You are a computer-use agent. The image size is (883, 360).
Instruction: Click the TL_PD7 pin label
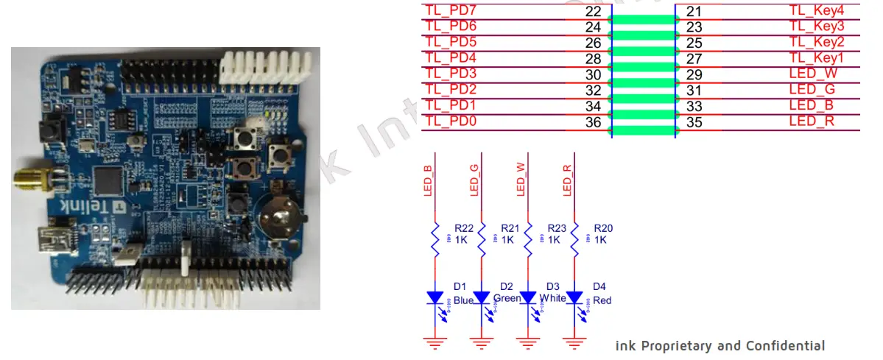451,10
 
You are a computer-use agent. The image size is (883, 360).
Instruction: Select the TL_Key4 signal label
816,10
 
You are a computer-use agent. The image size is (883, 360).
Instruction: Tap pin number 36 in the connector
593,122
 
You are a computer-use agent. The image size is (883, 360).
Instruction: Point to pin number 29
694,74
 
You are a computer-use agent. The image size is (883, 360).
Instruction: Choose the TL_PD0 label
451,122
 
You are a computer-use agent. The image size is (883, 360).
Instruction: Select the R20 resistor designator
602,228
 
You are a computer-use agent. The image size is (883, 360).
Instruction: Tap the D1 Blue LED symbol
435,297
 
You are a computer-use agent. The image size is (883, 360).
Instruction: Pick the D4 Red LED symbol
574,297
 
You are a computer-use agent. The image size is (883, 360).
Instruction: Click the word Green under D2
507,298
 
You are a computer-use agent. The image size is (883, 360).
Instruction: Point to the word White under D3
552,298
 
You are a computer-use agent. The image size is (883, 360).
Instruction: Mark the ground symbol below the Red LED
574,342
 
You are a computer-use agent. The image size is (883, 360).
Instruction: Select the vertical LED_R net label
567,180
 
